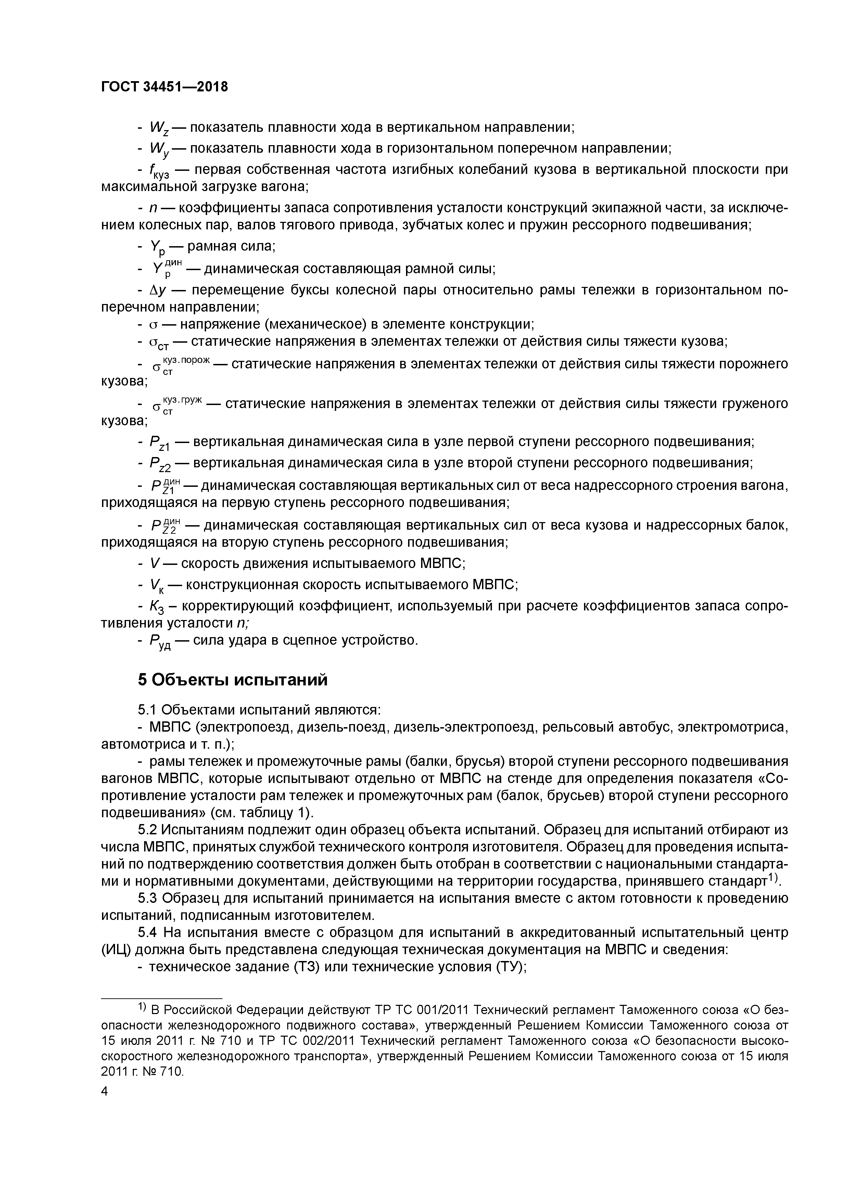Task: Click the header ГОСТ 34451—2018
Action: [164, 87]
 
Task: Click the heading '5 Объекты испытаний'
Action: [233, 680]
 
